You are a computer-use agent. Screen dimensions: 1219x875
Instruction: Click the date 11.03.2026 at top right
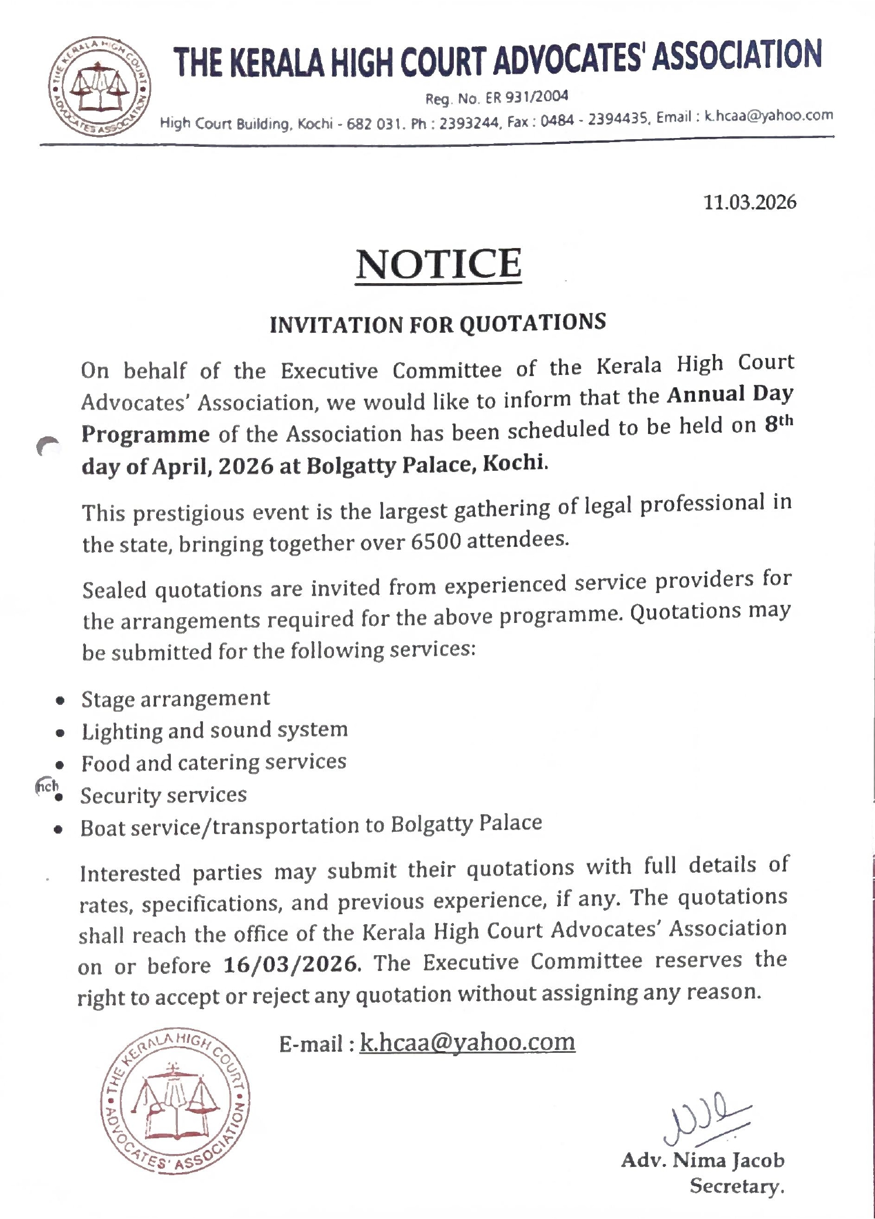click(x=749, y=202)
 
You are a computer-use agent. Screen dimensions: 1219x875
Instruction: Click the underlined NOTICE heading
click(x=439, y=264)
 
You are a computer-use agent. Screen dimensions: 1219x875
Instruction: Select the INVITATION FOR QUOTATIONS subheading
click(x=437, y=323)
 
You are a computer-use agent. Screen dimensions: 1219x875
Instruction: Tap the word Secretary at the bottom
click(x=736, y=1186)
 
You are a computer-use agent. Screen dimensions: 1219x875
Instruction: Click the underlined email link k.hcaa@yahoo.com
click(x=467, y=1042)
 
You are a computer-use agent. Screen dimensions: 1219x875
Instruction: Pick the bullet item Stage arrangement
click(x=175, y=699)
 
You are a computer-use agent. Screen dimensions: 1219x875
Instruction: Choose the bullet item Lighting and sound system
click(x=214, y=731)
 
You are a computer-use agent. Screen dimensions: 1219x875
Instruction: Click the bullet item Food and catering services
click(x=213, y=763)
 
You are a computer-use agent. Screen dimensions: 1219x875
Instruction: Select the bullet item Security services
click(x=164, y=796)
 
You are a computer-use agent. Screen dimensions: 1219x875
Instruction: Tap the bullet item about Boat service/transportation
click(x=311, y=825)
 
